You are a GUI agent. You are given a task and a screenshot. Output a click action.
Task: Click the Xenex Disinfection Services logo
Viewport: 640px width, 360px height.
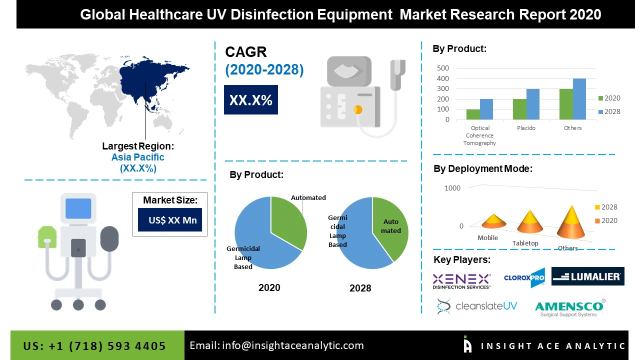click(461, 280)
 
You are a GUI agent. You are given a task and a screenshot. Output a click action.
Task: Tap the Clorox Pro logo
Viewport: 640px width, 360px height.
click(524, 278)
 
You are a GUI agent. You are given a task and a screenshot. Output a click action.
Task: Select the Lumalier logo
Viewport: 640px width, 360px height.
click(587, 276)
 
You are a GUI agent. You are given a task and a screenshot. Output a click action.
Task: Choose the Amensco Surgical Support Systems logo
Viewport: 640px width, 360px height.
click(569, 307)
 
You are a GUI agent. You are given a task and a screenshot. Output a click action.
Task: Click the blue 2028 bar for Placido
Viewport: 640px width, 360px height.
click(533, 104)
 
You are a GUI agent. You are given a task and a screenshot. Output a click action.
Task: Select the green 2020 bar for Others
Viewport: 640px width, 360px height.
click(566, 104)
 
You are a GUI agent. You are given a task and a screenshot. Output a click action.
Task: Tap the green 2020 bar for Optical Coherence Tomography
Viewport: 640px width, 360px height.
click(473, 114)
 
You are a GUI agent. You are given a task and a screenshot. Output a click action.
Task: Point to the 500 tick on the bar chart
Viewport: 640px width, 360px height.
click(443, 68)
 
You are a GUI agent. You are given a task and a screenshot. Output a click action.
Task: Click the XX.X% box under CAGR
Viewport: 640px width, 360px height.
click(250, 100)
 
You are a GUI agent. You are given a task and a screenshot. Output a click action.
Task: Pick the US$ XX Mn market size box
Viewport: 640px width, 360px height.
click(170, 220)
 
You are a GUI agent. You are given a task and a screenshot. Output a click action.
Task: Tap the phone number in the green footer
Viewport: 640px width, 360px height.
click(94, 346)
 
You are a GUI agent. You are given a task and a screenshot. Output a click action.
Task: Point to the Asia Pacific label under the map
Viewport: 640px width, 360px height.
click(138, 157)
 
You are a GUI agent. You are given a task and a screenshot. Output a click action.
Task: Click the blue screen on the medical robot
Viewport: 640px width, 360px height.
click(78, 208)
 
